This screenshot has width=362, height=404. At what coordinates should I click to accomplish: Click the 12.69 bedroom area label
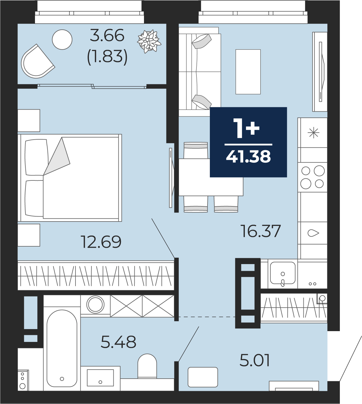click(x=101, y=242)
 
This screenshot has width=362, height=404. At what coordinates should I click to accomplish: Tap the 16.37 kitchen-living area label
click(x=261, y=231)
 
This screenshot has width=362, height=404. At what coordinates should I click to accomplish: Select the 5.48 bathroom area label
click(x=118, y=342)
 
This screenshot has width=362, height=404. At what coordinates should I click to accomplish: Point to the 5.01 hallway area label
click(x=255, y=360)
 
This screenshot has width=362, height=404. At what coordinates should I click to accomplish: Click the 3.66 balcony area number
click(x=107, y=35)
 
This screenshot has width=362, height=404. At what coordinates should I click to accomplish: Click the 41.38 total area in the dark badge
click(x=248, y=157)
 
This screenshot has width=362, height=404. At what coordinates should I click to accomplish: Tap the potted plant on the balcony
click(x=149, y=41)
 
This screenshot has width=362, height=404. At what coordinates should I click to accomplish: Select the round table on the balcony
click(x=62, y=39)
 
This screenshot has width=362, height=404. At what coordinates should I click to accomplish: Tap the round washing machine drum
click(x=95, y=305)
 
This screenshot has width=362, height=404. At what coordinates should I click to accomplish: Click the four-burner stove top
click(x=312, y=177)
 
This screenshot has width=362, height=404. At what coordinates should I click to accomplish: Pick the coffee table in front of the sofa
click(x=248, y=72)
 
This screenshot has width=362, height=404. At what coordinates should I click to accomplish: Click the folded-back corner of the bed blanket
click(x=57, y=156)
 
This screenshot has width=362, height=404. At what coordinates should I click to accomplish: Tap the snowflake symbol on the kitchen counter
click(x=313, y=132)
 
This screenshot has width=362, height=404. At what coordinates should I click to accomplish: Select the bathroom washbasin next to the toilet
click(x=100, y=378)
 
